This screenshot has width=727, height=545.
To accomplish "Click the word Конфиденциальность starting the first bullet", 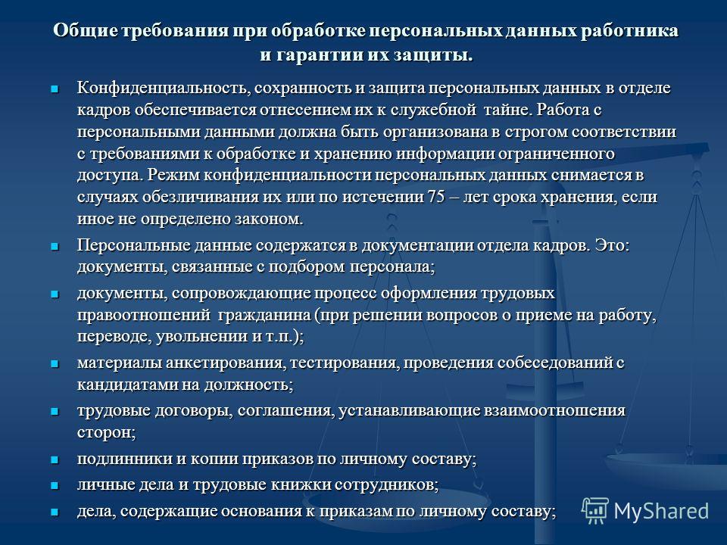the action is pos(164,88).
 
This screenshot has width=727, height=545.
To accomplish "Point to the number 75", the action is pos(436,197).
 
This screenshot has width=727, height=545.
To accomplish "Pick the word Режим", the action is pos(173,175).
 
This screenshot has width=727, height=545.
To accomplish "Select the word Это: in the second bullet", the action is pos(613,244).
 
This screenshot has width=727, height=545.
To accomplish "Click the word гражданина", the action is pos(264,315).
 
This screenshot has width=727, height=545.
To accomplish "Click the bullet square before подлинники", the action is pos(55,459).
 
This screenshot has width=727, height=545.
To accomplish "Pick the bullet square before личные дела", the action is pos(55,486).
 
